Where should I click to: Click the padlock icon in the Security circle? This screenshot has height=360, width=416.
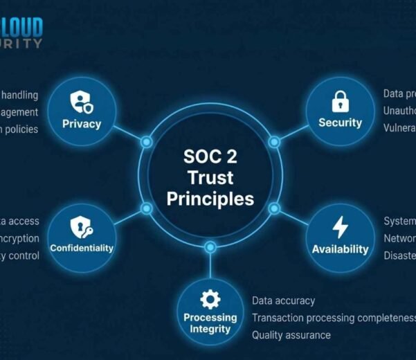tap(340, 102)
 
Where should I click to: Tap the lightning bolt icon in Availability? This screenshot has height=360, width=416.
tap(340, 228)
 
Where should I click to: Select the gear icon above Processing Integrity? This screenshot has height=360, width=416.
tap(210, 299)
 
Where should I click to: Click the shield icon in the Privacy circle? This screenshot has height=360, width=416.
tap(81, 103)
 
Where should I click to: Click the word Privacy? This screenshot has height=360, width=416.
tap(81, 124)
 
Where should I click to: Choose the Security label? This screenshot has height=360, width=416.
tap(340, 123)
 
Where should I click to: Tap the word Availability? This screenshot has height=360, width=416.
tap(340, 249)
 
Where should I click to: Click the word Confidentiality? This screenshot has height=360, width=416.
tap(81, 248)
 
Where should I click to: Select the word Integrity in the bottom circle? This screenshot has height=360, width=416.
tap(210, 329)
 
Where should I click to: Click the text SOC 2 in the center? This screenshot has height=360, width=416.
tap(210, 156)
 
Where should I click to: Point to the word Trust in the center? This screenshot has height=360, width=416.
tap(210, 178)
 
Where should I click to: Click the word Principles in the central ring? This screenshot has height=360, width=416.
tap(210, 199)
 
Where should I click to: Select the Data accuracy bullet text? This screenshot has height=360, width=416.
tap(283, 300)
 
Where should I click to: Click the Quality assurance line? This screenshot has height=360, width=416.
tap(291, 335)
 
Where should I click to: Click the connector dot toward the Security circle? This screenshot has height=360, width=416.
tap(274, 142)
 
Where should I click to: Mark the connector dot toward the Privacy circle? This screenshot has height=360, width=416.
tap(146, 142)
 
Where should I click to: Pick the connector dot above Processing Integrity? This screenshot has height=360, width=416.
tap(210, 246)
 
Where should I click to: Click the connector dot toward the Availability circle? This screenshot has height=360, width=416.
tap(274, 208)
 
